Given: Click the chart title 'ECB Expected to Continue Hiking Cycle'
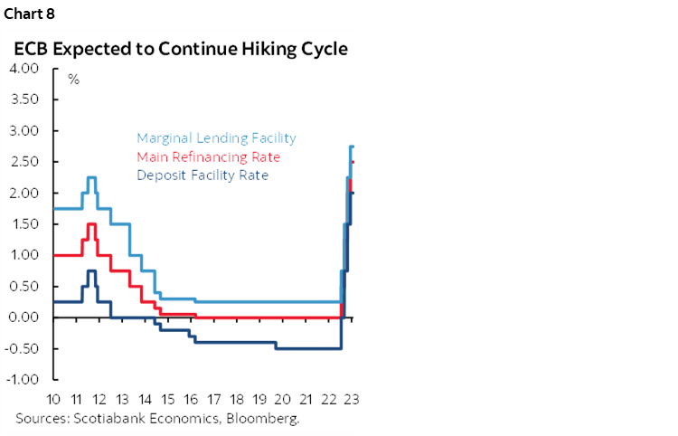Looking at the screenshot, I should point(181,48).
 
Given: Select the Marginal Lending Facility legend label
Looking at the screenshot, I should point(216,138).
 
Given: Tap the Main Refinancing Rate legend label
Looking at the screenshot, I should point(209,156).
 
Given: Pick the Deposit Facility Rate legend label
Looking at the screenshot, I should point(202,175).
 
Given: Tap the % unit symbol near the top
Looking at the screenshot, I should point(74,80).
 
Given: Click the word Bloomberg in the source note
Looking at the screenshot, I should point(266,419).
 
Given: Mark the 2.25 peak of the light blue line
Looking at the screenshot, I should point(91,177).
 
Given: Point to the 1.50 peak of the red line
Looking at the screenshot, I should point(91,224).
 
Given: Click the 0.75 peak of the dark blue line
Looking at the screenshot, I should point(91,270).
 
